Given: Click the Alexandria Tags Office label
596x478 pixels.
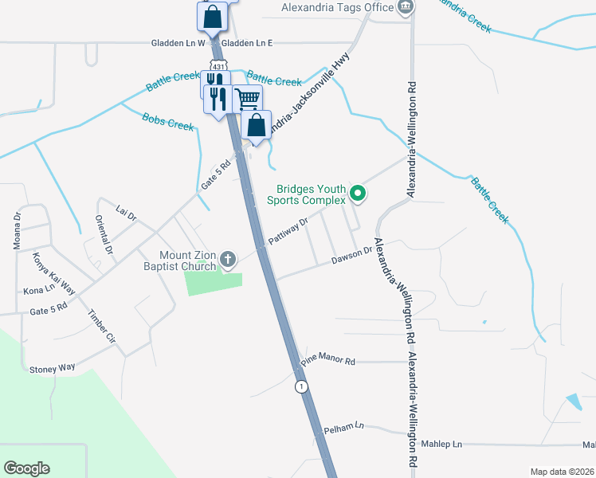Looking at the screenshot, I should [337, 8].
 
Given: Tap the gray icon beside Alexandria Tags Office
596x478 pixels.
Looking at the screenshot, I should [406, 7].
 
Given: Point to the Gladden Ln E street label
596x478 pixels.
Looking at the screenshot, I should [247, 43].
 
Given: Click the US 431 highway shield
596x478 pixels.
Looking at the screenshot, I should [217, 63].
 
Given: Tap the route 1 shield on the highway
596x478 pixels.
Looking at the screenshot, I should [300, 386].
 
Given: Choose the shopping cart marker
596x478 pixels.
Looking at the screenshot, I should [248, 100].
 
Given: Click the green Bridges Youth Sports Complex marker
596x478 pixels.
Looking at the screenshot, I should [359, 192].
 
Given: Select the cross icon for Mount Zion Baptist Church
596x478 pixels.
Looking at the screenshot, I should [229, 258].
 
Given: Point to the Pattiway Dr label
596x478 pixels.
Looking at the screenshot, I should [288, 232].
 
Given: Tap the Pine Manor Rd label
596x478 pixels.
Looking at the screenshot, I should [328, 360].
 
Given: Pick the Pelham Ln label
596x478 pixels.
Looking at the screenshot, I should [343, 428].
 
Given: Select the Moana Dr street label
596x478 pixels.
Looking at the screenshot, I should [17, 231].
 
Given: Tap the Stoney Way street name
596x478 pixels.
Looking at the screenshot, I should [52, 367].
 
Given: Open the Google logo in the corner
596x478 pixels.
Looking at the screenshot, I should [26, 468].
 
